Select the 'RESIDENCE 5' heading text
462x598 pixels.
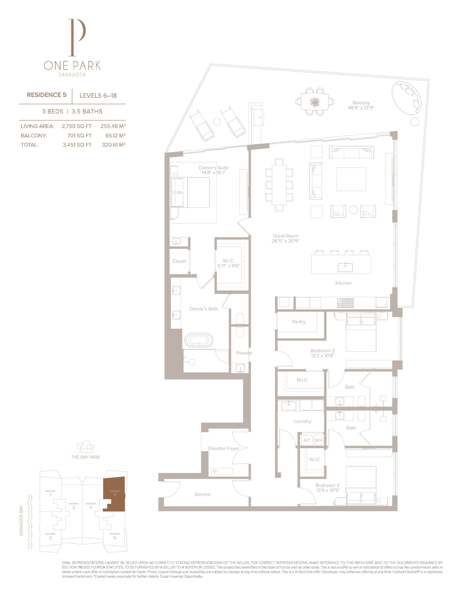(x=46, y=95)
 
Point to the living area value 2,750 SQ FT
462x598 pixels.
(x=77, y=126)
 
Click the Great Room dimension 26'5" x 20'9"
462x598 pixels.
(x=285, y=241)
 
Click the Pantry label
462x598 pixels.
(x=299, y=322)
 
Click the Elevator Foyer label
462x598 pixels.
(x=224, y=448)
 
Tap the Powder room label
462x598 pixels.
(x=244, y=353)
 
